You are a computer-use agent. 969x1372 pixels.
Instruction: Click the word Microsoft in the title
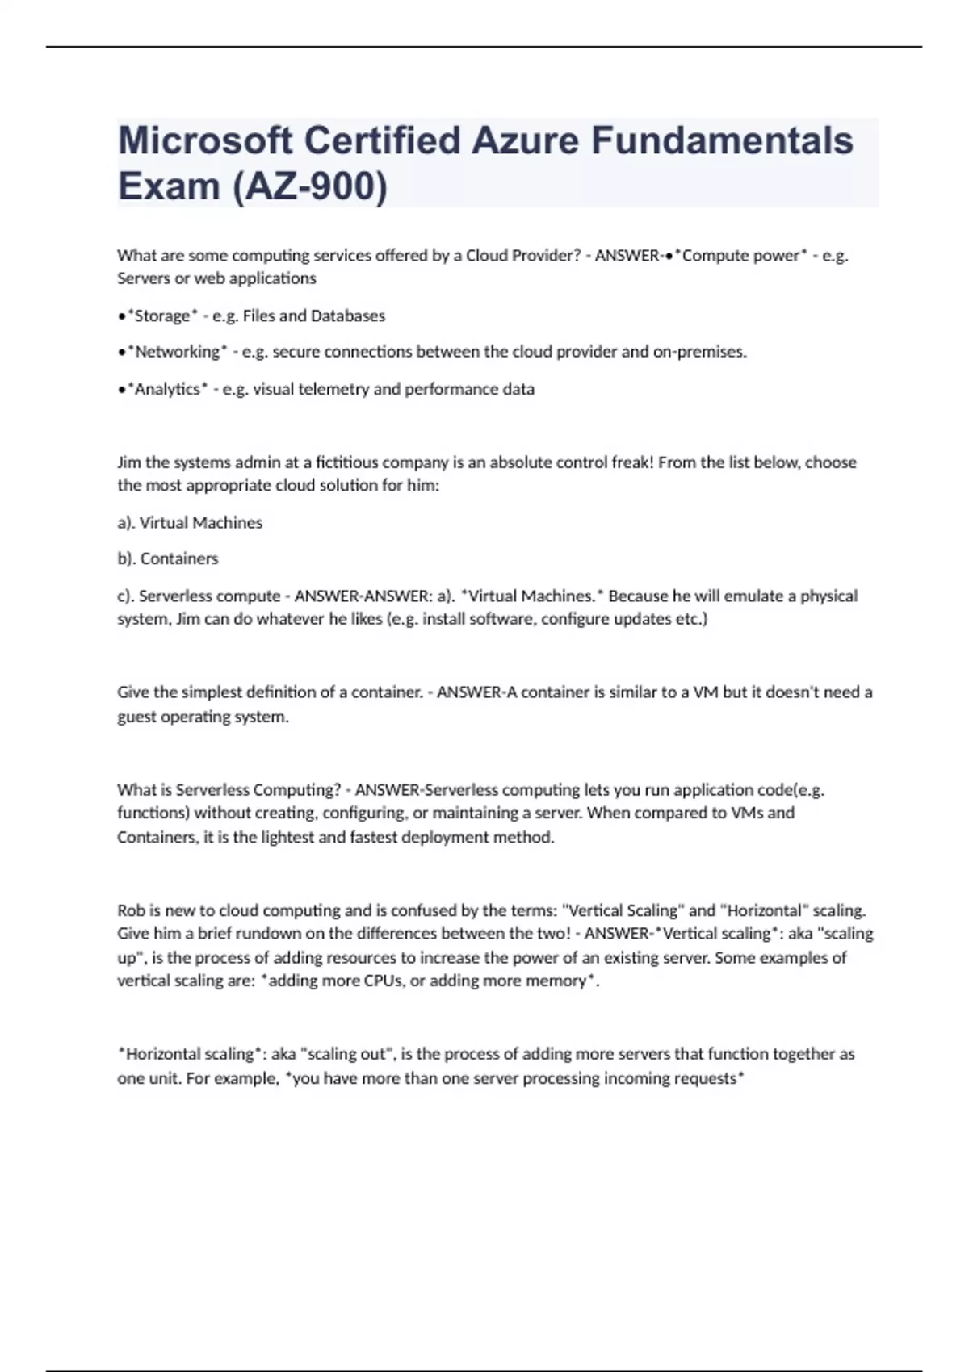tap(204, 140)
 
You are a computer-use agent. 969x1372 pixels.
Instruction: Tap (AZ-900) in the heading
tap(309, 186)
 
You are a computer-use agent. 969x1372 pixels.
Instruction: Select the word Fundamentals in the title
tap(722, 140)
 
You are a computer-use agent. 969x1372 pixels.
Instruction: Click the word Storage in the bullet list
tap(162, 316)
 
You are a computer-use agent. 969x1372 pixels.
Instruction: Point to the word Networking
tap(177, 352)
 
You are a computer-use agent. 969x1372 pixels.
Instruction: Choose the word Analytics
tap(167, 389)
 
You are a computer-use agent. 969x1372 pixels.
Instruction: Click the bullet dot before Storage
tap(121, 316)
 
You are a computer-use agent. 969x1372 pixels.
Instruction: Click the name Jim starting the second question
tap(128, 462)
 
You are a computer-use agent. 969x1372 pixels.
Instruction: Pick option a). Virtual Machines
tap(190, 522)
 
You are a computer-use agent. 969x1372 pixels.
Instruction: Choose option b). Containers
tap(168, 558)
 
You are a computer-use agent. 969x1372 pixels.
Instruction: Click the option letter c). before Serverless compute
tap(125, 596)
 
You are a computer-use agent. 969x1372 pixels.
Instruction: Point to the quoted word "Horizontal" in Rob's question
tap(764, 910)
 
